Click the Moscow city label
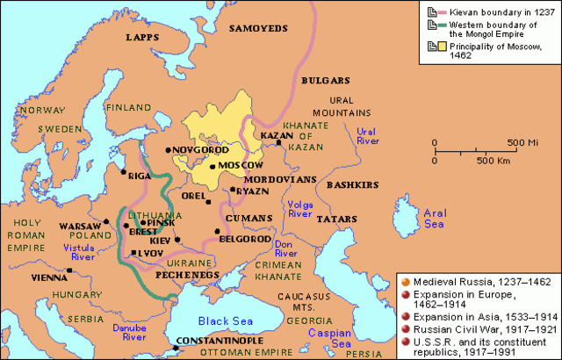242,166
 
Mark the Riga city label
140,176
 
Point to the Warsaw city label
80,226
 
